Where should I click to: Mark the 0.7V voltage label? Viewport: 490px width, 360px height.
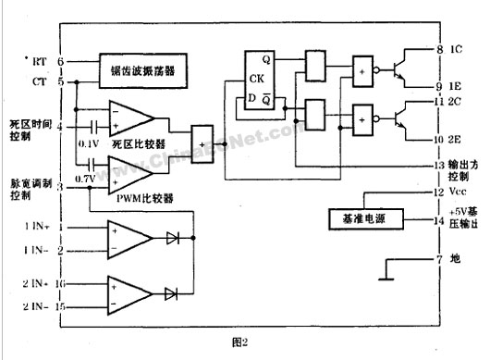click(86, 178)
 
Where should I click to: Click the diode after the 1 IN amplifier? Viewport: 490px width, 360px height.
click(171, 238)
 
